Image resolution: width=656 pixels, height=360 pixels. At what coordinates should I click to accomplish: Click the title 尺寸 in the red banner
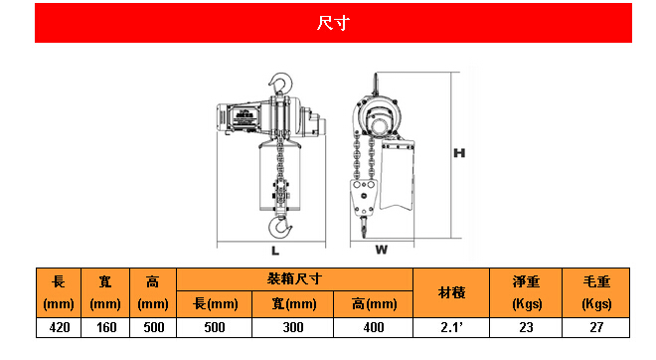(x=333, y=23)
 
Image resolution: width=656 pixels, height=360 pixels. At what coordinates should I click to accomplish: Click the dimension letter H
(x=459, y=153)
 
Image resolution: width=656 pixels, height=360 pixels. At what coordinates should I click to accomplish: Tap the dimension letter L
(x=275, y=251)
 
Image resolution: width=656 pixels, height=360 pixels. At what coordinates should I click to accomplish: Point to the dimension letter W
(x=381, y=250)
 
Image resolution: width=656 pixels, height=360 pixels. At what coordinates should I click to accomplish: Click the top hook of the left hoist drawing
(x=280, y=83)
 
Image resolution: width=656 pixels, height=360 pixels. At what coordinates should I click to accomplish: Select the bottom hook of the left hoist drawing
(x=280, y=227)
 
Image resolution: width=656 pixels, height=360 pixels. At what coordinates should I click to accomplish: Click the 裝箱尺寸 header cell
(x=294, y=279)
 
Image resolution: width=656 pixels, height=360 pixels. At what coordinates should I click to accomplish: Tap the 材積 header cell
(x=451, y=292)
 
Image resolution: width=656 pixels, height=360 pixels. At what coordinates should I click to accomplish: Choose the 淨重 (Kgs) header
(x=526, y=292)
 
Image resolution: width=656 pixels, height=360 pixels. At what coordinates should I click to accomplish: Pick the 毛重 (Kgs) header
(x=596, y=292)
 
